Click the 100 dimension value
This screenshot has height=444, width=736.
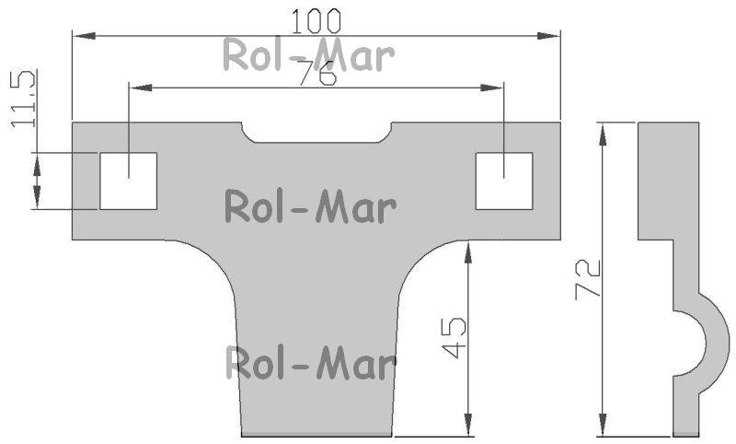[316, 21]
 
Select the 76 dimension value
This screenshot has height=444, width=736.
[318, 73]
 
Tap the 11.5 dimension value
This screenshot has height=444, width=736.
[23, 99]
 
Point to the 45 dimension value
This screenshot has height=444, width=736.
[454, 338]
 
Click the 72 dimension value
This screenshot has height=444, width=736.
[588, 279]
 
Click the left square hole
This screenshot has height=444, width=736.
[128, 181]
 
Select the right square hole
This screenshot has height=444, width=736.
[504, 181]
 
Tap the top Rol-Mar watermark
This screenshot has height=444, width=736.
[308, 55]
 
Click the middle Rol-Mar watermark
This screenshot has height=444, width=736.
[310, 206]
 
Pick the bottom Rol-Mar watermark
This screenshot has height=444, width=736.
[311, 363]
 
